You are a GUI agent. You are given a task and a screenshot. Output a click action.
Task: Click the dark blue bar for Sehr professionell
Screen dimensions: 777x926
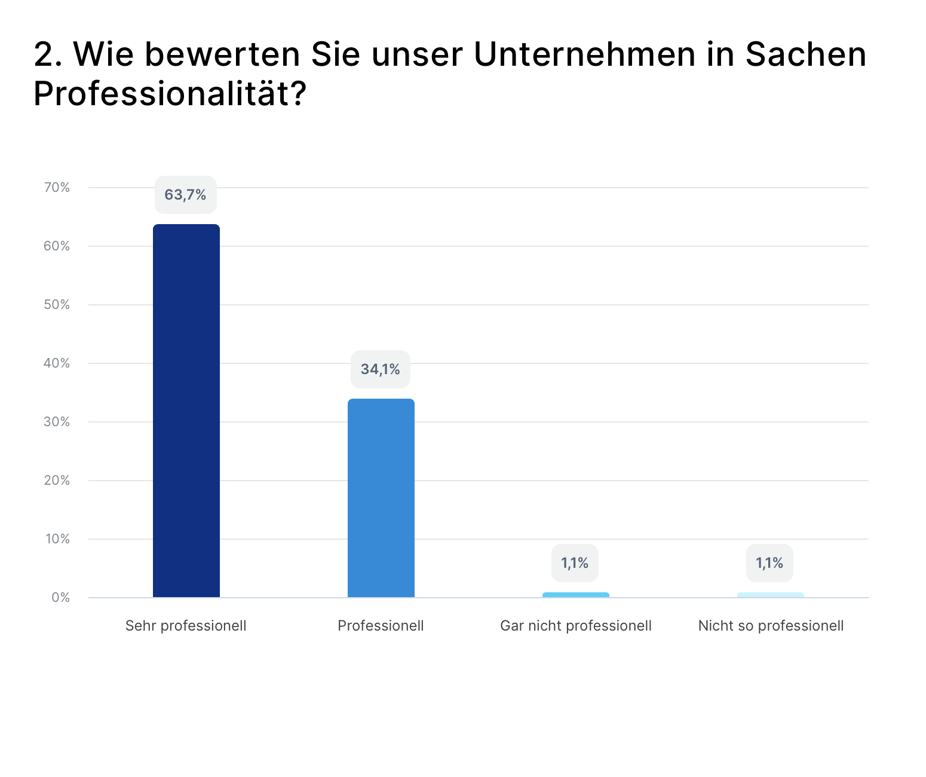pyautogui.click(x=186, y=411)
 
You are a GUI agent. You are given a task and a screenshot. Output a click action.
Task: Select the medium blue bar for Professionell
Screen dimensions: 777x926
pyautogui.click(x=381, y=498)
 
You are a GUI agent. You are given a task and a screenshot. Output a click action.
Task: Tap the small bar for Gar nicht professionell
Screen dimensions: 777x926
pyautogui.click(x=576, y=595)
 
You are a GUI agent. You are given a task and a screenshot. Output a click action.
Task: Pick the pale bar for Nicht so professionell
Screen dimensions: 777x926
pyautogui.click(x=771, y=595)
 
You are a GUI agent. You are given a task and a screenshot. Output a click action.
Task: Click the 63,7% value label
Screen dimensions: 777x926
pyautogui.click(x=186, y=195)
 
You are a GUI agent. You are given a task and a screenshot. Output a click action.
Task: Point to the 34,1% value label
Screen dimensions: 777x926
pyautogui.click(x=381, y=369)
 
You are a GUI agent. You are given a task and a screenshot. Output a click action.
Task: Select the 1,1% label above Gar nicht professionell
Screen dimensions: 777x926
pyautogui.click(x=575, y=563)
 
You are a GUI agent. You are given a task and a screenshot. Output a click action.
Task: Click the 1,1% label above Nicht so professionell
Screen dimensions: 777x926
pyautogui.click(x=769, y=563)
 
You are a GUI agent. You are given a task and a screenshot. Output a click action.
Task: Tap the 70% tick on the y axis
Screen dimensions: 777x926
pyautogui.click(x=57, y=188)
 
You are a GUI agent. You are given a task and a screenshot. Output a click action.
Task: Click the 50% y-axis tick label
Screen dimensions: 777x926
pyautogui.click(x=57, y=305)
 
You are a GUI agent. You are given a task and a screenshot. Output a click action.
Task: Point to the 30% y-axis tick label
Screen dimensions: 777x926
pyautogui.click(x=57, y=422)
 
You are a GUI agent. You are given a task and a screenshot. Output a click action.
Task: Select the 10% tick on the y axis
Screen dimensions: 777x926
pyautogui.click(x=57, y=539)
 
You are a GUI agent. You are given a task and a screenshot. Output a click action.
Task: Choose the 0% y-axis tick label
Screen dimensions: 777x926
pyautogui.click(x=60, y=598)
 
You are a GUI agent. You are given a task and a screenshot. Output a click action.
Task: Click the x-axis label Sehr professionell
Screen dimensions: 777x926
pyautogui.click(x=186, y=626)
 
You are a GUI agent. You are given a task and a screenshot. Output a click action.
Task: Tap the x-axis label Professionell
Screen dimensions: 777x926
pyautogui.click(x=381, y=626)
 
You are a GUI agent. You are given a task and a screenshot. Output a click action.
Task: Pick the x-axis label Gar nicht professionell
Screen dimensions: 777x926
pyautogui.click(x=576, y=626)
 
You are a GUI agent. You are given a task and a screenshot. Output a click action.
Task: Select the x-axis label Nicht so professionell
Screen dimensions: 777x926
pyautogui.click(x=771, y=626)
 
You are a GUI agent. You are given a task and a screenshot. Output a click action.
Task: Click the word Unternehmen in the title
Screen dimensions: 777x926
pyautogui.click(x=584, y=54)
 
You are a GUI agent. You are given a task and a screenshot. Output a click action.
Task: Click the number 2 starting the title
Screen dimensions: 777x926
pyautogui.click(x=44, y=54)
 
